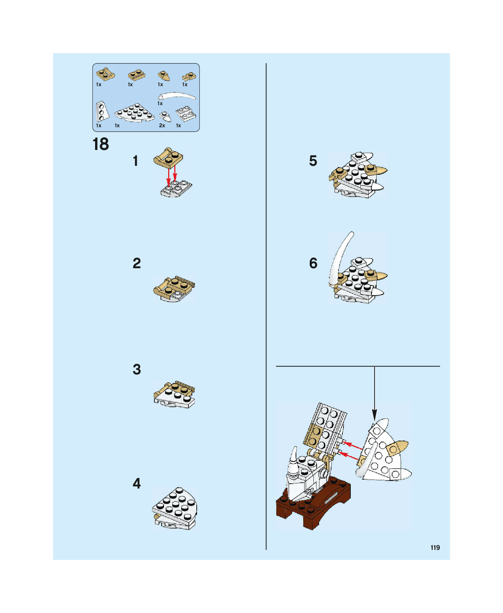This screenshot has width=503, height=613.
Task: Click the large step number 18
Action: coord(101,144)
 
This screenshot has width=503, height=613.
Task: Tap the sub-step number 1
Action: coord(136,161)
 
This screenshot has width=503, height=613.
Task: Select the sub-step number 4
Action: coord(137,483)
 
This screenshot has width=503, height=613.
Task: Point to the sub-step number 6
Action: coord(313,263)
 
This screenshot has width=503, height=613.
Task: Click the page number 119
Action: coord(435,547)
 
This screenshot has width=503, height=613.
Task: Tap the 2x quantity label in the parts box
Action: coord(162,125)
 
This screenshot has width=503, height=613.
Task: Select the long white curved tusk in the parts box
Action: coord(177,96)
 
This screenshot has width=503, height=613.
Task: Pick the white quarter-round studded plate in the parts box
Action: coord(135,113)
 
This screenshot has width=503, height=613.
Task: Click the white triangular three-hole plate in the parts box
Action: coord(102,111)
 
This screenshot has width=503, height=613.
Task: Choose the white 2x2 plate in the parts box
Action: coord(186,113)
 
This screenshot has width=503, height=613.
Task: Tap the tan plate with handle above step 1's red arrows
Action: coord(168,158)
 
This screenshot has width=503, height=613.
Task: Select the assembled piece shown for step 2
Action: coord(174,289)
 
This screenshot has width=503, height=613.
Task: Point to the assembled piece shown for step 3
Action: coord(174,395)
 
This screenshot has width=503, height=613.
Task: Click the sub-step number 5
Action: coord(313,161)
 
